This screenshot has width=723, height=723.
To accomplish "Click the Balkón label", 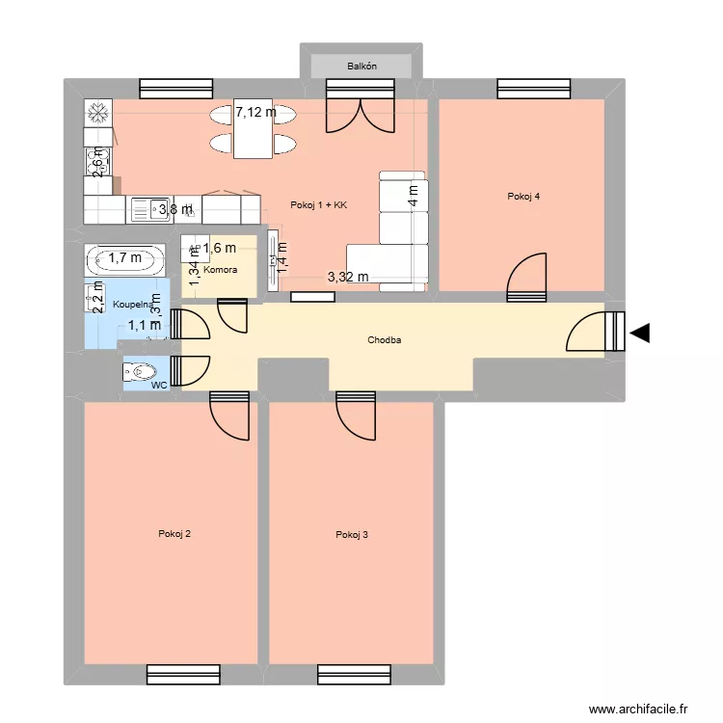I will coord(361,67).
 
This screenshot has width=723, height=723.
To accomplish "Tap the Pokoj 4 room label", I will coord(522,197).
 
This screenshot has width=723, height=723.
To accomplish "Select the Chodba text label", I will coord(384,340).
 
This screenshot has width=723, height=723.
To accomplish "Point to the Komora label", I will coord(220,270).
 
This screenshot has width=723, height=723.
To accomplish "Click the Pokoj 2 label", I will coord(174,534).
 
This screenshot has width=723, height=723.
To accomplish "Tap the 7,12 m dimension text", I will coord(255,112).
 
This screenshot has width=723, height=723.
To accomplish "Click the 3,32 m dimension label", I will coord(348,277).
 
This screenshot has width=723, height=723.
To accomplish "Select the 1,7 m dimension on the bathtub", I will coord(123,257).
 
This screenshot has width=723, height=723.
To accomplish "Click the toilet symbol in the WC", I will coord(141,370).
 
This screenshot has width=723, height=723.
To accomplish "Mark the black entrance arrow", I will coord(640,335).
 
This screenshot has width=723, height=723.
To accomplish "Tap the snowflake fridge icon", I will coord(97,113).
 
